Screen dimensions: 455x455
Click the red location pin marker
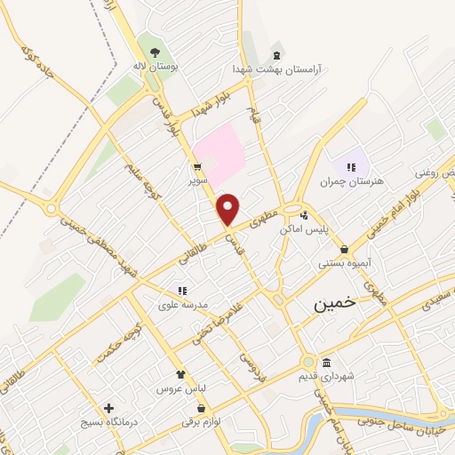click(x=228, y=208)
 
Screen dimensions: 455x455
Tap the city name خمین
click(x=334, y=303)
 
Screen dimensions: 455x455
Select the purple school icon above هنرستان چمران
click(x=351, y=166)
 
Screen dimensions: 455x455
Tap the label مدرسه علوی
click(x=183, y=304)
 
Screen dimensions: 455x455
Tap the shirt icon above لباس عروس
click(x=180, y=375)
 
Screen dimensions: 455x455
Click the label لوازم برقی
click(x=200, y=423)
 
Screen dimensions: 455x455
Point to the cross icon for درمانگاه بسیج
click(x=108, y=409)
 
